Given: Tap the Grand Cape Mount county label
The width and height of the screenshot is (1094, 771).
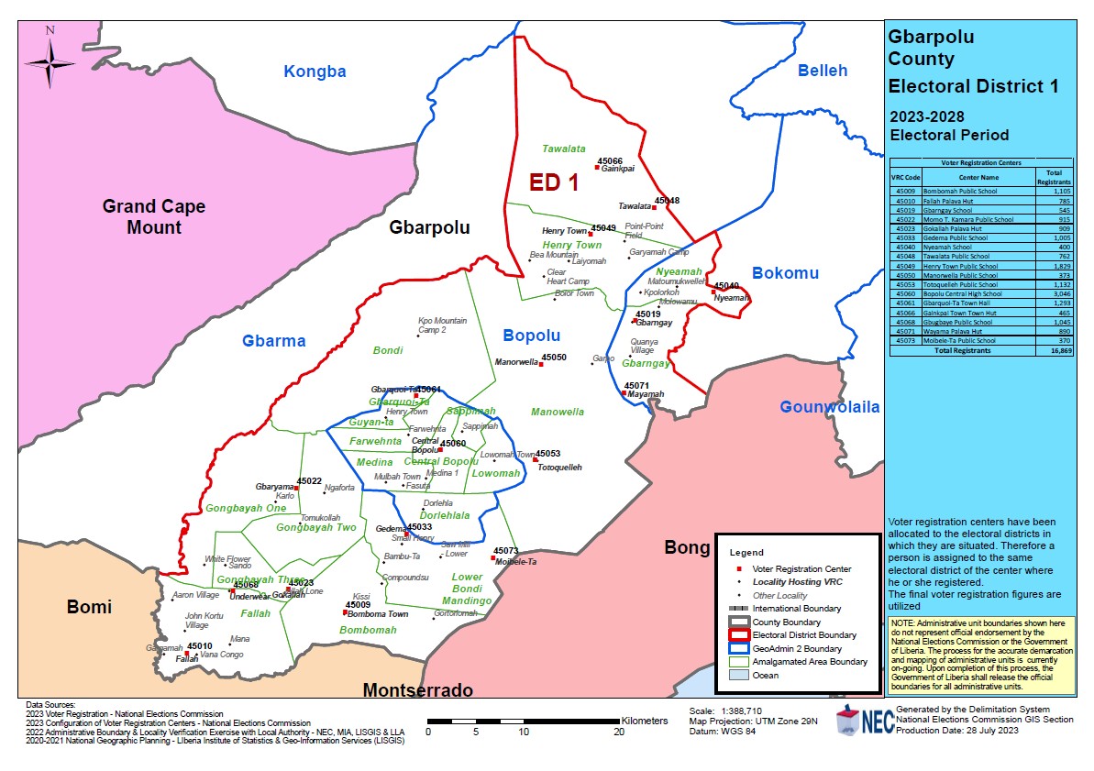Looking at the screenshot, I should pos(154,216).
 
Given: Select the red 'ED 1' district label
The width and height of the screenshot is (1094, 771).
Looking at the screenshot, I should pos(554,182).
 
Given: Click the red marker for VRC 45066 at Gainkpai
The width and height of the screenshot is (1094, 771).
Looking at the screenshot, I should pos(597,168).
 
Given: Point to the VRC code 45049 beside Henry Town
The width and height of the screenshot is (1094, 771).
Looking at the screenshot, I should pos(603,227).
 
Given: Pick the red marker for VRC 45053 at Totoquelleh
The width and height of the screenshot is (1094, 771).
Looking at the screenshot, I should pos(536,459).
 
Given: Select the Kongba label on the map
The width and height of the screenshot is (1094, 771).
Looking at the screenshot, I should pos(315,72).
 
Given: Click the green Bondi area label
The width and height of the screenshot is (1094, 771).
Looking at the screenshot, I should pos(388,350).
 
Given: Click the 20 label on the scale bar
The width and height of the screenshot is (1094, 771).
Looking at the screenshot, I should pos(619,732).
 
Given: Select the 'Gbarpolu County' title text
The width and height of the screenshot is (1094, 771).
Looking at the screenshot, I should pos(931,49).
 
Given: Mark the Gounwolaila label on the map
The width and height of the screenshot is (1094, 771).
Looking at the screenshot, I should pos(829,407).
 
